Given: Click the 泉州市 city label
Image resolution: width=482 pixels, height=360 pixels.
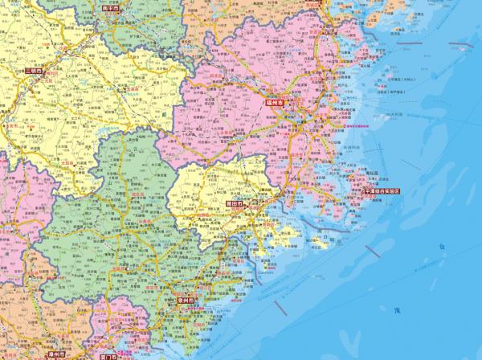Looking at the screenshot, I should pyautogui.click(x=186, y=303).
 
